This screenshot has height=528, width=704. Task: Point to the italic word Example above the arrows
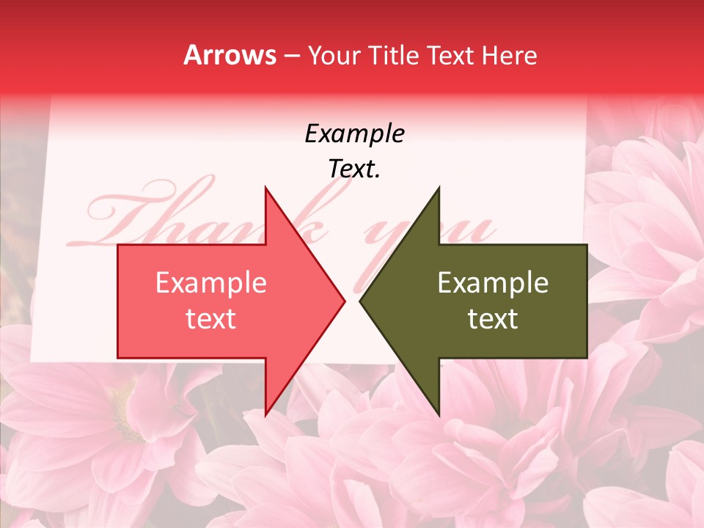(x=354, y=134)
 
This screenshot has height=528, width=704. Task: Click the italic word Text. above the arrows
(x=354, y=169)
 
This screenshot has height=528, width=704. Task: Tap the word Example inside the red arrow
(x=211, y=283)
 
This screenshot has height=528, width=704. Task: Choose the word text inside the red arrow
(x=211, y=319)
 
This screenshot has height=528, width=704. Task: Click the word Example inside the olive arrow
(x=493, y=283)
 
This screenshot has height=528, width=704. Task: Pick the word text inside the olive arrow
(x=493, y=319)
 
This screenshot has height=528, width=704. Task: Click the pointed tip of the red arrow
(x=344, y=301)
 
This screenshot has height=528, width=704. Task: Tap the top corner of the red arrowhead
(x=266, y=188)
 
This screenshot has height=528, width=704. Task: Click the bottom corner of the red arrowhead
(x=266, y=414)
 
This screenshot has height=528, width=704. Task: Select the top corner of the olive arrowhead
(x=439, y=188)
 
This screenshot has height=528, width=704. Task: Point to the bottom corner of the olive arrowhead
(x=439, y=414)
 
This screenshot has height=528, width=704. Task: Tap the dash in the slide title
(x=292, y=56)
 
